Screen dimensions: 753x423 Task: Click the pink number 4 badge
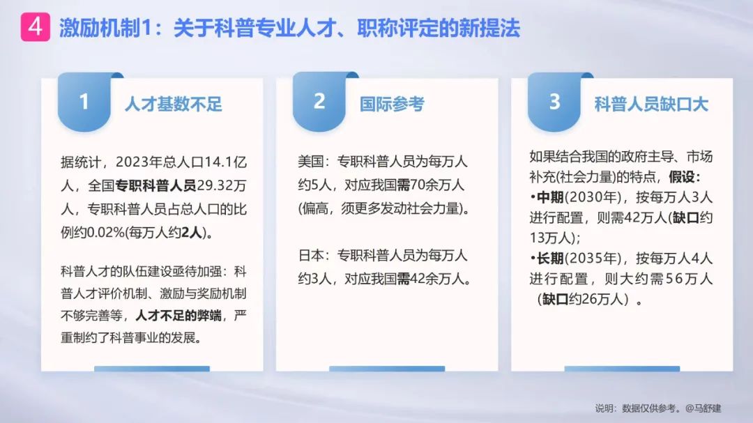click(35, 27)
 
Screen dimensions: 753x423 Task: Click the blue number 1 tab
click(84, 102)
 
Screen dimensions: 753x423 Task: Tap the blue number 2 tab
click(319, 102)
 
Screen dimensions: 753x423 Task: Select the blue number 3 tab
click(554, 102)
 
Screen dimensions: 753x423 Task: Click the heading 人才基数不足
click(174, 104)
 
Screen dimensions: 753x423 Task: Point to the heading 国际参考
click(392, 104)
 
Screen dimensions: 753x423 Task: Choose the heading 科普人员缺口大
click(651, 104)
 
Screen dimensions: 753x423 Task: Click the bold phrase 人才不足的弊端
click(178, 316)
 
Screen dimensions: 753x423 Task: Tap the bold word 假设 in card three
click(682, 177)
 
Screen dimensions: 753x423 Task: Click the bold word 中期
click(550, 197)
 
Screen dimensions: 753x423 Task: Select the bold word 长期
click(550, 259)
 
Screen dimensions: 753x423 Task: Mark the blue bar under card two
click(387, 369)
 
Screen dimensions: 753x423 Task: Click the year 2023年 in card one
click(138, 162)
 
